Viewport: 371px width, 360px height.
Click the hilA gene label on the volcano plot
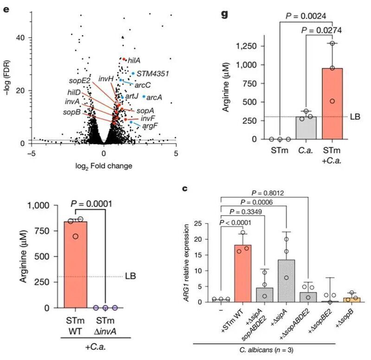tap(134, 60)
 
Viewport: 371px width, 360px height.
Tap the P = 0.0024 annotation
tap(307, 16)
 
